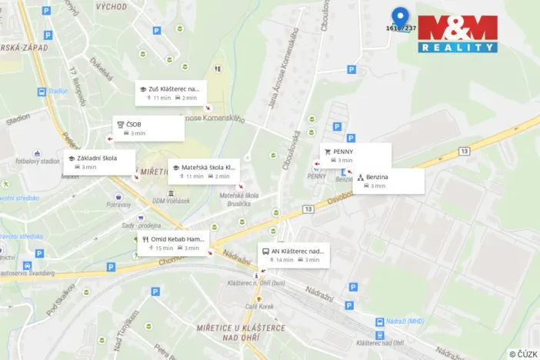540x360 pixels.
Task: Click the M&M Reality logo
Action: pyautogui.click(x=458, y=34)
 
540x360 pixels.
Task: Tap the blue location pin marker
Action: pyautogui.click(x=399, y=17)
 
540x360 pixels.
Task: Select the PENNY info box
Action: pyautogui.click(x=355, y=155)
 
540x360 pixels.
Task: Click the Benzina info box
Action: pyautogui.click(x=388, y=180)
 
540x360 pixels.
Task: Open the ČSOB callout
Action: pyautogui.click(x=148, y=128)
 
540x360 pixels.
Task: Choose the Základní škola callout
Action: pyautogui.click(x=102, y=162)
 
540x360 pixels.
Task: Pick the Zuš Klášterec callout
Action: pyautogui.click(x=171, y=92)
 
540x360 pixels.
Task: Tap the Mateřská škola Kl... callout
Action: pyautogui.click(x=204, y=171)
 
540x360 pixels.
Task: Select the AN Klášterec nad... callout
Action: pyautogui.click(x=293, y=255)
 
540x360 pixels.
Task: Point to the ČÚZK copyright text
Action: pyautogui.click(x=522, y=353)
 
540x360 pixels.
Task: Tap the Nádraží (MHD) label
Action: pyautogui.click(x=405, y=321)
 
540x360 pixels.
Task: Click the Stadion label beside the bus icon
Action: pyautogui.click(x=58, y=91)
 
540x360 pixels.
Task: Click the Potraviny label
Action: pyautogui.click(x=119, y=205)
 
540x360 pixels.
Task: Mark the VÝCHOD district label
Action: pyautogui.click(x=112, y=6)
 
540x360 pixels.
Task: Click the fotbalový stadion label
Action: pyautogui.click(x=37, y=161)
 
